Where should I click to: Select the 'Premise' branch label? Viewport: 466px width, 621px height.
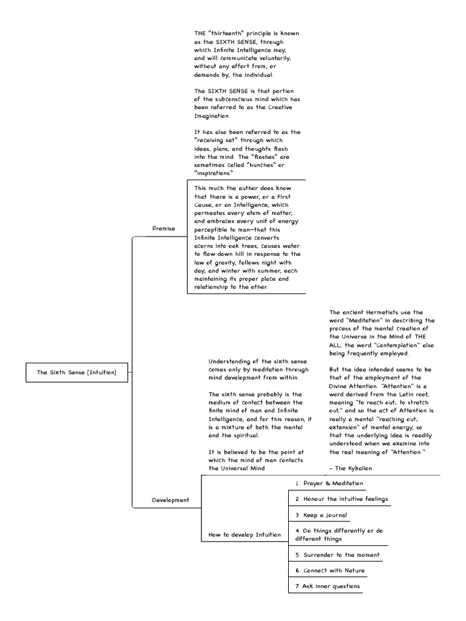(x=163, y=229)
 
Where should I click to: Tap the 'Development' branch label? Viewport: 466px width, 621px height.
(x=170, y=500)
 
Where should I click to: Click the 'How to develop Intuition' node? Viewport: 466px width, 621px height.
(x=245, y=534)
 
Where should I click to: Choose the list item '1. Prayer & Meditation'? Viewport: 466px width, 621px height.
(x=329, y=483)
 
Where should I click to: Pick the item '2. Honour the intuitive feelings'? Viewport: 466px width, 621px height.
(x=341, y=499)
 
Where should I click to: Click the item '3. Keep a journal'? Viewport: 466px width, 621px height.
(x=321, y=515)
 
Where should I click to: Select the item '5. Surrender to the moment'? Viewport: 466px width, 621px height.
(x=338, y=555)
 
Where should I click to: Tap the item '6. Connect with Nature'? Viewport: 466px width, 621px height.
(x=330, y=571)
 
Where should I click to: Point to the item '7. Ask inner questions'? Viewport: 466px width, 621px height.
(x=328, y=586)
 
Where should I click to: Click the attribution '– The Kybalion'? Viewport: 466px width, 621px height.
(x=351, y=469)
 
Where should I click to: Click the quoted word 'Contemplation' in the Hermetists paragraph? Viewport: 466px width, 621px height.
(x=392, y=345)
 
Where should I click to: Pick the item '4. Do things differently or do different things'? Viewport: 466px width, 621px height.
(x=339, y=534)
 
